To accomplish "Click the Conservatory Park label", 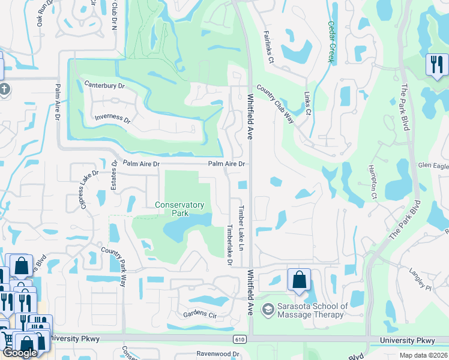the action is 179,209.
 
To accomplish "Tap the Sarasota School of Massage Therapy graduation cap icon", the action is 268,310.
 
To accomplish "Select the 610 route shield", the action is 240,340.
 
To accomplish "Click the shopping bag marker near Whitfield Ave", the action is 299,279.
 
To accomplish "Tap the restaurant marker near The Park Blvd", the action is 436,64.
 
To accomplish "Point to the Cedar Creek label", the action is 330,42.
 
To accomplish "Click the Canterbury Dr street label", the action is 104,86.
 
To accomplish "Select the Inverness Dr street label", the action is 112,118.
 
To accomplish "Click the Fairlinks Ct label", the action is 268,48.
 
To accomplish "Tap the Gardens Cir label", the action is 200,314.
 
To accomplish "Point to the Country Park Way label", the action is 114,266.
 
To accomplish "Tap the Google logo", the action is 20,353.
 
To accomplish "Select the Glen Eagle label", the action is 433,165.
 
